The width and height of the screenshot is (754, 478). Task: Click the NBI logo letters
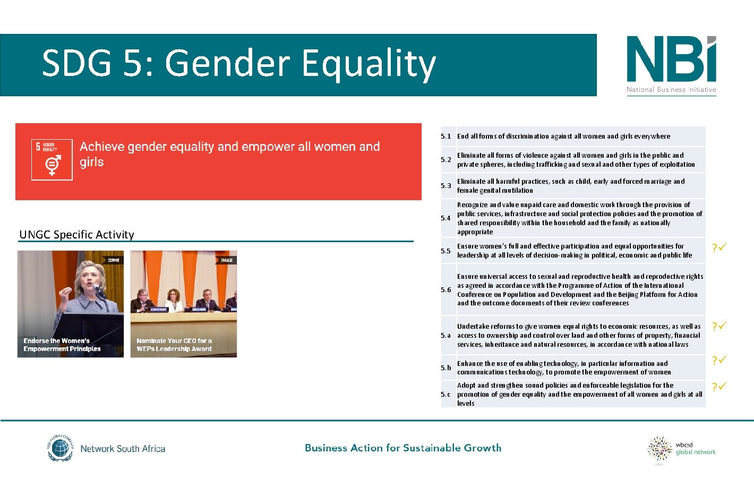click(x=671, y=59)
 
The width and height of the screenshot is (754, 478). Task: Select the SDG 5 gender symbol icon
click(x=52, y=165)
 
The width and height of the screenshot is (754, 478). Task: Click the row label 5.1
click(x=445, y=136)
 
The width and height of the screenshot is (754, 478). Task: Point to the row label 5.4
click(x=445, y=218)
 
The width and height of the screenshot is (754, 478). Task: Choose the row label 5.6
click(x=445, y=290)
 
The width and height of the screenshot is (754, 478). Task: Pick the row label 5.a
click(x=445, y=336)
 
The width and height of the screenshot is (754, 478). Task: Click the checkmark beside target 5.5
click(x=722, y=247)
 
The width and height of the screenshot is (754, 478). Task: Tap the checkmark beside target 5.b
click(x=722, y=360)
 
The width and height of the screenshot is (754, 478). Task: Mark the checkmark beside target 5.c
click(x=722, y=387)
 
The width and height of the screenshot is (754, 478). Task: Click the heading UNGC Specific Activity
click(x=77, y=235)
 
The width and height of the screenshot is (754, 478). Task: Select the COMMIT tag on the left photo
click(x=114, y=260)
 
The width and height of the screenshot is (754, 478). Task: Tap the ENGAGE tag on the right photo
click(x=226, y=260)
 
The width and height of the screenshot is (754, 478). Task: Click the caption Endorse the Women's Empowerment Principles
click(x=62, y=345)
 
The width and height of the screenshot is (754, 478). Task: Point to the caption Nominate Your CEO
click(x=174, y=345)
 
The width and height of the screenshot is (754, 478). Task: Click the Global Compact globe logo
click(x=60, y=448)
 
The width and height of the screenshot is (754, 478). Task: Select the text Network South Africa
click(x=123, y=449)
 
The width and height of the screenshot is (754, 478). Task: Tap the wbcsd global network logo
click(x=681, y=449)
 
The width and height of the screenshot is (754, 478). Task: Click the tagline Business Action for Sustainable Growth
click(x=403, y=448)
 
